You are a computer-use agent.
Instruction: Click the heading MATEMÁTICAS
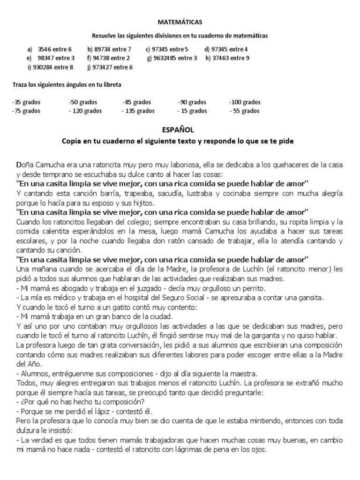tap(180, 22)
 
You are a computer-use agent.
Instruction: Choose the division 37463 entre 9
tap(227, 58)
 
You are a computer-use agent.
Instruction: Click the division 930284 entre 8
tap(51, 67)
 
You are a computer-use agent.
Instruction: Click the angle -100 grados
tap(245, 102)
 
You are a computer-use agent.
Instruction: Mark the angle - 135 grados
tap(138, 111)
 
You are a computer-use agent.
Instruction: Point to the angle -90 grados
tap(192, 102)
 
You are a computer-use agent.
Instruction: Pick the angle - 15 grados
tap(192, 111)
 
